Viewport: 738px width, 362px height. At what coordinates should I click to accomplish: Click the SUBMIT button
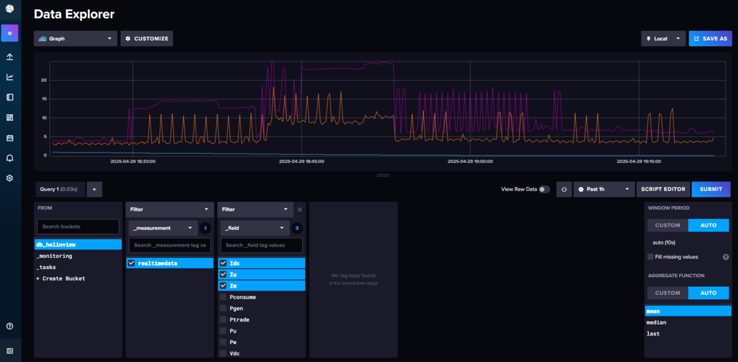(x=711, y=189)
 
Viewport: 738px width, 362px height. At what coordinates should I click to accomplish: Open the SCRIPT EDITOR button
(x=663, y=189)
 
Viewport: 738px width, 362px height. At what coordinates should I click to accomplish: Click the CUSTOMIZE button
(x=146, y=39)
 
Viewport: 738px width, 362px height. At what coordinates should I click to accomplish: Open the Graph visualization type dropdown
(x=76, y=39)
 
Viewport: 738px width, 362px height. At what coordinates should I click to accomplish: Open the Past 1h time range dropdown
(x=603, y=189)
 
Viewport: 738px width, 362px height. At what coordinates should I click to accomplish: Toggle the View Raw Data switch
(x=544, y=189)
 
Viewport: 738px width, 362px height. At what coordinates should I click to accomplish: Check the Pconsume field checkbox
(x=223, y=297)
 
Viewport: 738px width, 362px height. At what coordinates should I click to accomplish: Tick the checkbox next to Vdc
(x=223, y=353)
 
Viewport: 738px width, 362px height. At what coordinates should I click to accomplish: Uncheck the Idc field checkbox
(x=223, y=263)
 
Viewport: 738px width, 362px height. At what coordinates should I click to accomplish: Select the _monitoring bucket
(x=54, y=256)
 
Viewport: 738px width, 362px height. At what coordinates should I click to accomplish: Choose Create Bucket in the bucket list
(x=61, y=278)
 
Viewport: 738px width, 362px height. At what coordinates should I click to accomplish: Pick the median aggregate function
(x=656, y=323)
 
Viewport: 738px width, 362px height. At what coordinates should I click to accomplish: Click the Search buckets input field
(x=78, y=227)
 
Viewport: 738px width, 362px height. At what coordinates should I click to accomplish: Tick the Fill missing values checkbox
(x=651, y=257)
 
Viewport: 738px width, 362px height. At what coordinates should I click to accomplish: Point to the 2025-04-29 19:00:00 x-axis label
(x=470, y=162)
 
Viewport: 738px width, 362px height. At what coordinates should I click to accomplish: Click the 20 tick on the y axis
(x=44, y=80)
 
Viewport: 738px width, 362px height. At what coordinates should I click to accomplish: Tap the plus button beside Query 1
(x=94, y=189)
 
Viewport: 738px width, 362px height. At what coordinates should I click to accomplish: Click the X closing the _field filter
(x=300, y=210)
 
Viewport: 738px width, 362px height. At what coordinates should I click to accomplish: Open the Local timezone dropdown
(x=663, y=39)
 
